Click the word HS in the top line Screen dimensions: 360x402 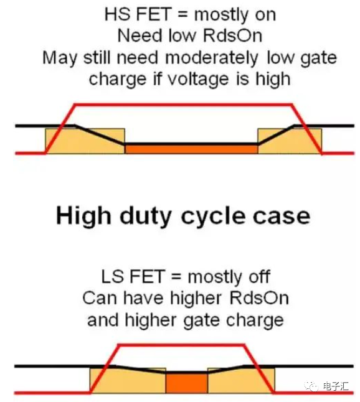117,14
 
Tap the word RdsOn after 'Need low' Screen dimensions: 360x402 233,35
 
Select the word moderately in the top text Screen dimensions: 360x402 212,58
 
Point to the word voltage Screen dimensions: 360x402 198,79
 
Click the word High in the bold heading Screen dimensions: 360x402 83,217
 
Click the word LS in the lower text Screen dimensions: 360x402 112,277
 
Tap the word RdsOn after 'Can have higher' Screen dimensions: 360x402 259,298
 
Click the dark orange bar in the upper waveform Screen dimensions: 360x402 191,149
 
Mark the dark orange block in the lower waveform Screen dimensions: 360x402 187,383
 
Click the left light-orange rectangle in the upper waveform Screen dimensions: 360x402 85,141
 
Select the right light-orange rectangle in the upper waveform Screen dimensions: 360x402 290,141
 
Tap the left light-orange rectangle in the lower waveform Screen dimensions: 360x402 128,381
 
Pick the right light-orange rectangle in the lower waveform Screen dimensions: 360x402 241,381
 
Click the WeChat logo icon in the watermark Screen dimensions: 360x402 311,385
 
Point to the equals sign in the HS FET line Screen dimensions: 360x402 182,14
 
